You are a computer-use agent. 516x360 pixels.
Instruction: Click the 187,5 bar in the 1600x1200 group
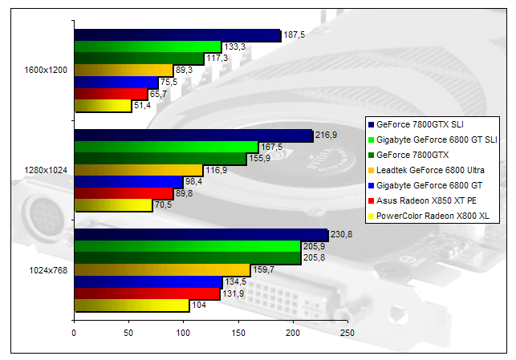click(x=177, y=35)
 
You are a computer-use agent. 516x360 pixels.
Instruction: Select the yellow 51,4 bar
click(x=102, y=106)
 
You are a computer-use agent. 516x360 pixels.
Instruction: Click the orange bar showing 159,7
click(x=161, y=269)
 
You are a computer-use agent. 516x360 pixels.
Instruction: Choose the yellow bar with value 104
click(x=131, y=305)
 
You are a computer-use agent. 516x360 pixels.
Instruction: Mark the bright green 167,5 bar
click(x=165, y=147)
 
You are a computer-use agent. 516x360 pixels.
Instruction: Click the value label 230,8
click(x=342, y=233)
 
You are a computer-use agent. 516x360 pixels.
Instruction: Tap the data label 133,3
click(x=234, y=47)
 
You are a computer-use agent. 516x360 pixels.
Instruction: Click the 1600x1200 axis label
click(x=47, y=71)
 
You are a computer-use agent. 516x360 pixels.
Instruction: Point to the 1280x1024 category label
click(x=47, y=171)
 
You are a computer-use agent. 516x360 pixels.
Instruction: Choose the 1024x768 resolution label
click(x=49, y=270)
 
